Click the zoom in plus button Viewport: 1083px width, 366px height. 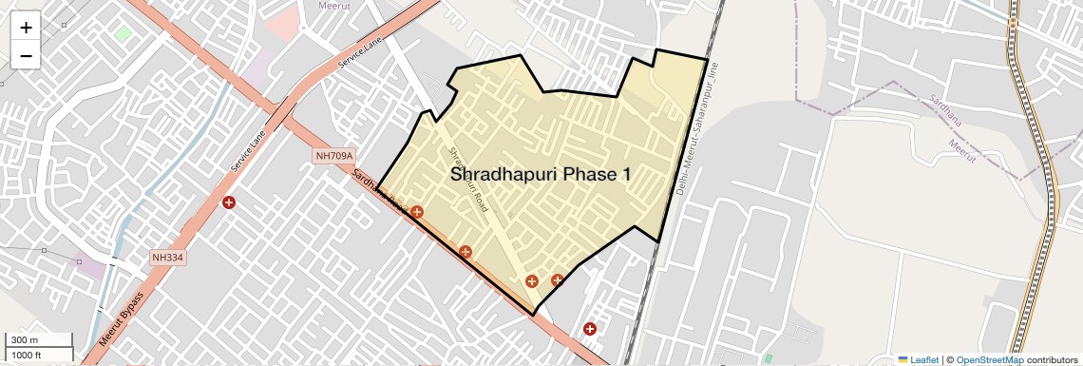pyautogui.click(x=26, y=28)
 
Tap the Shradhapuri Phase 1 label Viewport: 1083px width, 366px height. pyautogui.click(x=540, y=175)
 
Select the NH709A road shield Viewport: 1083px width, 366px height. pyautogui.click(x=334, y=156)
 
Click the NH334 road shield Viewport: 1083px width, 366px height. pyautogui.click(x=168, y=257)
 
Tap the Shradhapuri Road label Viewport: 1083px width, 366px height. pyautogui.click(x=467, y=179)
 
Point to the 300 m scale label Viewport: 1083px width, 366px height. pyautogui.click(x=25, y=340)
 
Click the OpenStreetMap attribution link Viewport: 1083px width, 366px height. pyautogui.click(x=989, y=359)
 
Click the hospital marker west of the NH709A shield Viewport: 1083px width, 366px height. pyautogui.click(x=229, y=202)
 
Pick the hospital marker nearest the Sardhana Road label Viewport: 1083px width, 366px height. pyautogui.click(x=416, y=211)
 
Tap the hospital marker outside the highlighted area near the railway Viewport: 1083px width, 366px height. pyautogui.click(x=590, y=329)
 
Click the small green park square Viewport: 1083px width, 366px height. pyautogui.click(x=123, y=33)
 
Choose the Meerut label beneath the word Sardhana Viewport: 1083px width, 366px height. pyautogui.click(x=961, y=151)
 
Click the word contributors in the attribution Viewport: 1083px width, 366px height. pyautogui.click(x=1053, y=359)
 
